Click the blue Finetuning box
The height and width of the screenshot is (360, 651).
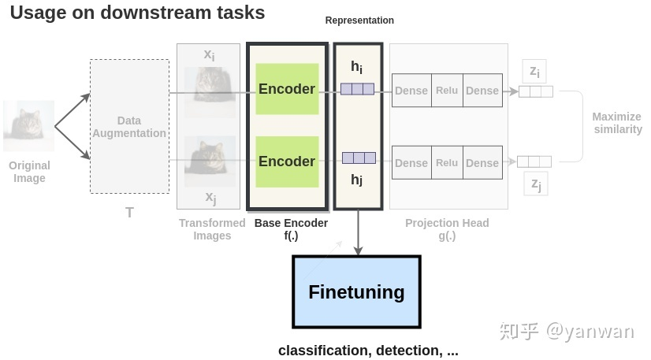(356, 291)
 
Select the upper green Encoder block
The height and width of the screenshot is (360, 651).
(287, 89)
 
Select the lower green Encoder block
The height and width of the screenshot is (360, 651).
(287, 161)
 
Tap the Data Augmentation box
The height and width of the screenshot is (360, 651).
(129, 127)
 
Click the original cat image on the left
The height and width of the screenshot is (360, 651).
(29, 126)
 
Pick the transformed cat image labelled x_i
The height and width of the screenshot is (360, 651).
(210, 91)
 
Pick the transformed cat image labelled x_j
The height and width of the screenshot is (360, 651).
(210, 161)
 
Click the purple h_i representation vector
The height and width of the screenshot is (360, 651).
(358, 89)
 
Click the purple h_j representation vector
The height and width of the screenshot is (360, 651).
(358, 158)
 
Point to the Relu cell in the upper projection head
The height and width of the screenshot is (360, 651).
(447, 91)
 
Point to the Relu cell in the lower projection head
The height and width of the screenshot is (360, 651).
(447, 163)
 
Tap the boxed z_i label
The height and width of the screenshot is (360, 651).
(535, 72)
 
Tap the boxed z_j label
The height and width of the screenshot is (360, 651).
(535, 184)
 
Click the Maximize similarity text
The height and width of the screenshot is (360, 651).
(617, 123)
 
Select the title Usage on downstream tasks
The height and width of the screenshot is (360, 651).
(137, 13)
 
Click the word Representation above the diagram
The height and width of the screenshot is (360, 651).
(359, 20)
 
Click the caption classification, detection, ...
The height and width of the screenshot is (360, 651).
(368, 351)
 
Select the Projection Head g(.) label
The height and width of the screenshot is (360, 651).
(447, 229)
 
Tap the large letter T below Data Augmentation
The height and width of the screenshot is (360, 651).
(129, 213)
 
